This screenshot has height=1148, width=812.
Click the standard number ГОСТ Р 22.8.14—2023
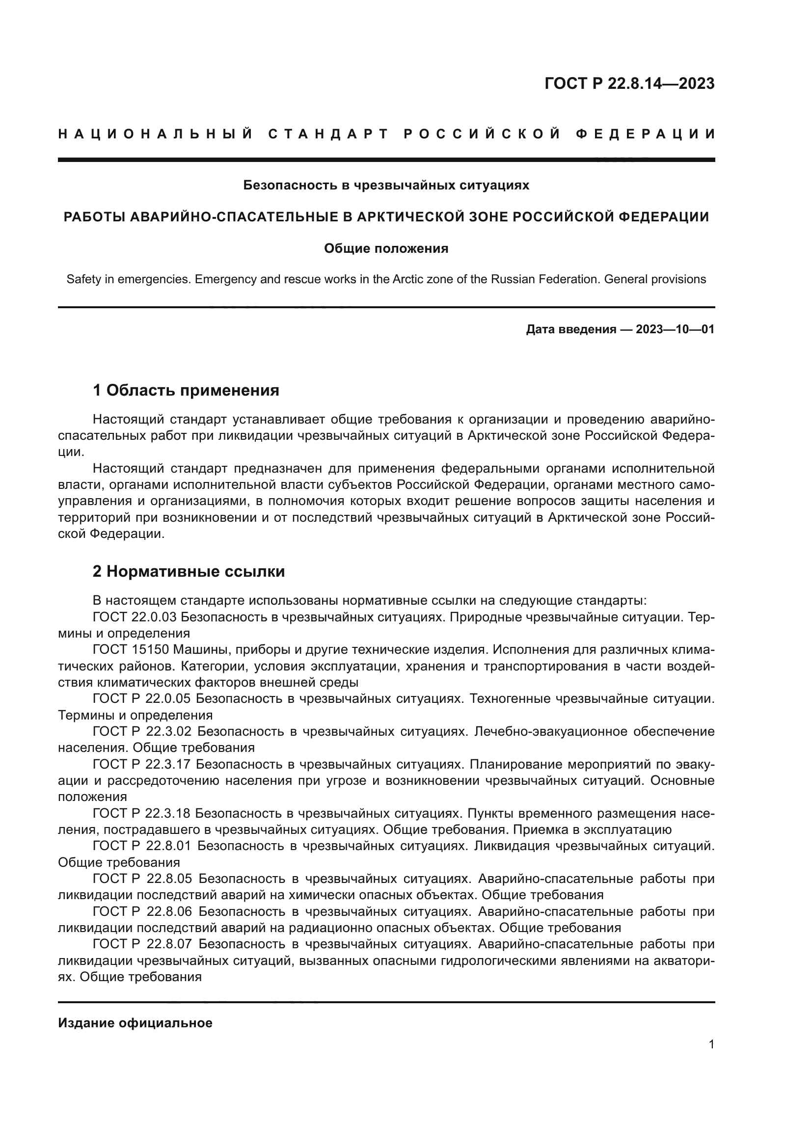pyautogui.click(x=629, y=83)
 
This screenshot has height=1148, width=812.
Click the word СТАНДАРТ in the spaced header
pyautogui.click(x=328, y=134)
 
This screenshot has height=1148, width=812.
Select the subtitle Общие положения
pyautogui.click(x=386, y=248)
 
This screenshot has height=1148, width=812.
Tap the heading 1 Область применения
pyautogui.click(x=186, y=390)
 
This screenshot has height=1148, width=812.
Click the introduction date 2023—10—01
pyautogui.click(x=675, y=329)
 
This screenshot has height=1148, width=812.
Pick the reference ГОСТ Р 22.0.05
pyautogui.click(x=142, y=698)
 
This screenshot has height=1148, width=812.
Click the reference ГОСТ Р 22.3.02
pyautogui.click(x=142, y=731)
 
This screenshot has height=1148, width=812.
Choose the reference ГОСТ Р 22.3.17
pyautogui.click(x=142, y=764)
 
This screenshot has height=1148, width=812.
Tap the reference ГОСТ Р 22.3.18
pyautogui.click(x=142, y=813)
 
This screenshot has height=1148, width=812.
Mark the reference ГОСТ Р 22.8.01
pyautogui.click(x=142, y=846)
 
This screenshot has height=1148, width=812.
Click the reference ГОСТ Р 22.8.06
pyautogui.click(x=142, y=911)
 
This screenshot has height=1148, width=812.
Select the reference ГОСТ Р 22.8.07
pyautogui.click(x=142, y=944)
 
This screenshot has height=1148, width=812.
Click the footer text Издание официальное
pyautogui.click(x=135, y=1023)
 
